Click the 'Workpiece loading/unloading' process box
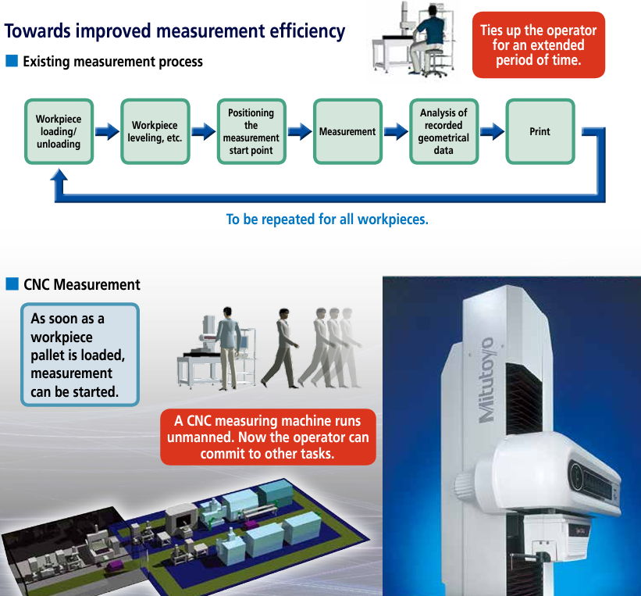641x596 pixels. pos(59,132)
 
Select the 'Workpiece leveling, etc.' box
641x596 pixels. pos(155,132)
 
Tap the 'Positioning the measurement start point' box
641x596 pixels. pos(251,132)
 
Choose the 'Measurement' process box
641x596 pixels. pos(347,132)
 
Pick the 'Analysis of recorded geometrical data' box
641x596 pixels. pos(443,132)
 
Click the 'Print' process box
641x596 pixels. pos(540,132)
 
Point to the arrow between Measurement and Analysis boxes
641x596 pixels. pos(396,132)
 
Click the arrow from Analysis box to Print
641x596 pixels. pos(492,132)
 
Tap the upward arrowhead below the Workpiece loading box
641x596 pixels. pos(59,177)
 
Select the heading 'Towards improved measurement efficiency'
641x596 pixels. pos(175,31)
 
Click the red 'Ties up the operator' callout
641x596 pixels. pos(539,45)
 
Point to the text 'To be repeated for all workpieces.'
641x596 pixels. pos(327,219)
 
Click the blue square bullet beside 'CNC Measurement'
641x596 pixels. pos(12,284)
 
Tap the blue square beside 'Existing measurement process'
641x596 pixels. pos(11,61)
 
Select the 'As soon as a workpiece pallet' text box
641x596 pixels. pos(79,355)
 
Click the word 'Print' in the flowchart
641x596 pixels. pos(540,132)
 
